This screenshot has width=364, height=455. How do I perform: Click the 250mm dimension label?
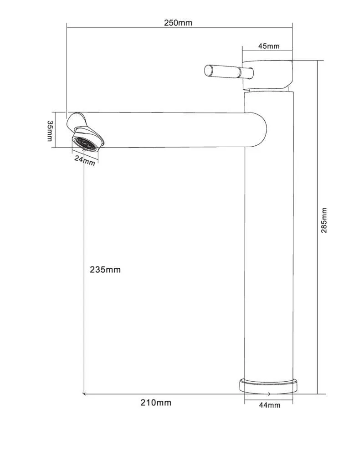click(x=178, y=23)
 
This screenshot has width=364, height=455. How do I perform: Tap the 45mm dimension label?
click(x=269, y=46)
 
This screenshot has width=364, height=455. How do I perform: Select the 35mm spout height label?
click(x=50, y=131)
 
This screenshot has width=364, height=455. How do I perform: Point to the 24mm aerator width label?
click(x=85, y=160)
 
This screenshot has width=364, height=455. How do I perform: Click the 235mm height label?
click(x=105, y=270)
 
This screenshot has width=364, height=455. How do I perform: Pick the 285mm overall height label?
click(x=324, y=220)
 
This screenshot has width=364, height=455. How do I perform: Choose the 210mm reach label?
click(x=156, y=403)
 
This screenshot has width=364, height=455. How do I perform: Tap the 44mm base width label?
click(x=270, y=405)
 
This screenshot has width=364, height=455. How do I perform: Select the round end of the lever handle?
click(x=209, y=71)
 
